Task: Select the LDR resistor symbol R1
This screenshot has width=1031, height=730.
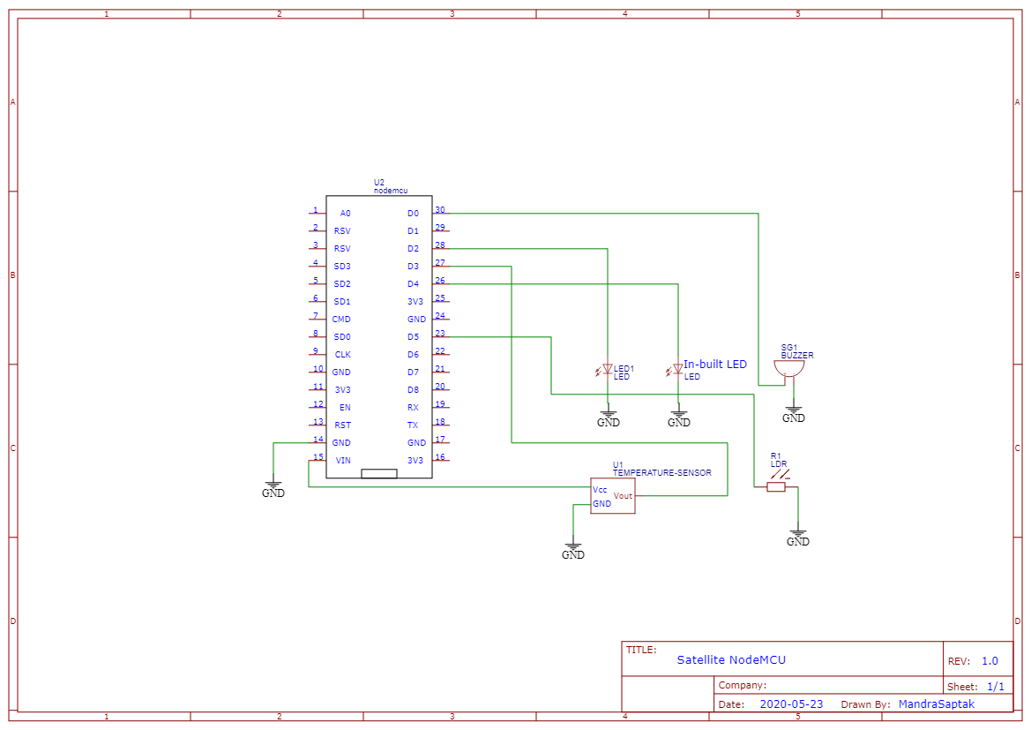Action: point(776,486)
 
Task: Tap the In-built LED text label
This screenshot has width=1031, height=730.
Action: point(714,364)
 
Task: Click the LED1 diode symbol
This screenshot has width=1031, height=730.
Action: point(607,369)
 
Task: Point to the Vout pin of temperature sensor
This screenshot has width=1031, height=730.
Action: point(623,496)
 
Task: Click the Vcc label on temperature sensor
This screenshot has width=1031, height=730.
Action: point(600,489)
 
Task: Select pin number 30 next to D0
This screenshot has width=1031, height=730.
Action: point(439,210)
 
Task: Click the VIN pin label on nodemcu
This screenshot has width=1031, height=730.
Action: point(342,461)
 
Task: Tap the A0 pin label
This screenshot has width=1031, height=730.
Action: point(345,214)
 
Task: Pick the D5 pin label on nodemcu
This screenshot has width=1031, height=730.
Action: point(413,337)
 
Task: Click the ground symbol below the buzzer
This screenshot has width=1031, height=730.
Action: point(793,412)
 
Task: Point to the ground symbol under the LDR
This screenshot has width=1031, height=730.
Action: point(797,536)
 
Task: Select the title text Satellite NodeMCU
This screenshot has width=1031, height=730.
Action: point(730,659)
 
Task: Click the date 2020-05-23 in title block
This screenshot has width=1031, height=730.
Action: point(791,704)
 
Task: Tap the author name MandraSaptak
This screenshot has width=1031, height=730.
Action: point(936,704)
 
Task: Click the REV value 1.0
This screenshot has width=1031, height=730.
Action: point(990,661)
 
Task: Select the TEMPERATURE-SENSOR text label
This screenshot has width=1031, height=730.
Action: point(661,473)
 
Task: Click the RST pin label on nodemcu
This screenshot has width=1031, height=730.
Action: point(343,425)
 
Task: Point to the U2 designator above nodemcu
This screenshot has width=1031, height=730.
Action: point(379,182)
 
